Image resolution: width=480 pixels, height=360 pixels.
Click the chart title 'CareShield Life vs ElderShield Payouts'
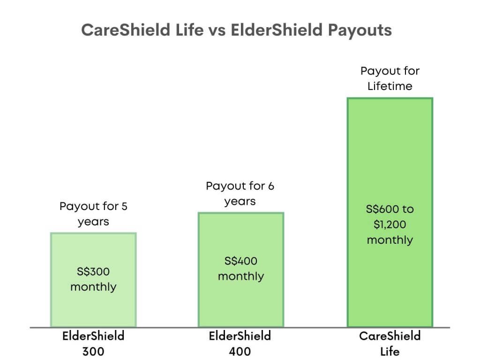[x=236, y=30]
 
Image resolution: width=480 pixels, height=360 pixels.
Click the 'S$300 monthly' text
[x=93, y=279]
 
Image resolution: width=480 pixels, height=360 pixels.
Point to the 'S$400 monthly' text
[x=241, y=269]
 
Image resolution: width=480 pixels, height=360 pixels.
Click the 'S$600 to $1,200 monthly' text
[x=390, y=225]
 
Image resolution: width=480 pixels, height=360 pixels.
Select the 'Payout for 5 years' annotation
[x=93, y=214]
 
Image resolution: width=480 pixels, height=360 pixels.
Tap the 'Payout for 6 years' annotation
[x=240, y=194]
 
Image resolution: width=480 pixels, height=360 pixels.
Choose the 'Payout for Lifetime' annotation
[x=390, y=79]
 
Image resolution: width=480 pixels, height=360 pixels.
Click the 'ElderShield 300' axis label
[x=93, y=344]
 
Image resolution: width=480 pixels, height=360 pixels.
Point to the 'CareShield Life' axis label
[x=390, y=344]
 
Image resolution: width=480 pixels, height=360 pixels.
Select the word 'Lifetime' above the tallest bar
[x=390, y=86]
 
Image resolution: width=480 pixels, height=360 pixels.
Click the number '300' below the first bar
[x=93, y=351]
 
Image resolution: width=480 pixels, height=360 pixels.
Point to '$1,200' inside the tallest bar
[x=390, y=225]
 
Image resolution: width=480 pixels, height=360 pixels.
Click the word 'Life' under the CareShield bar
[x=390, y=351]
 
